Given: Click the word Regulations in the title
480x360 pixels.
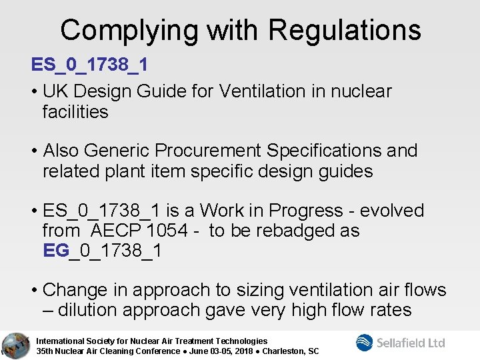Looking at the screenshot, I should [345, 30].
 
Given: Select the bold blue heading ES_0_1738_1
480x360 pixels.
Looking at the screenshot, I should [89, 65].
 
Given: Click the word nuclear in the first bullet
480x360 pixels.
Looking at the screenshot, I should [360, 91].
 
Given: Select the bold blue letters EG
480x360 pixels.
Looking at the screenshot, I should [55, 251].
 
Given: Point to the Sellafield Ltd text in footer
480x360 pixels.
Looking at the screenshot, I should [411, 343].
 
